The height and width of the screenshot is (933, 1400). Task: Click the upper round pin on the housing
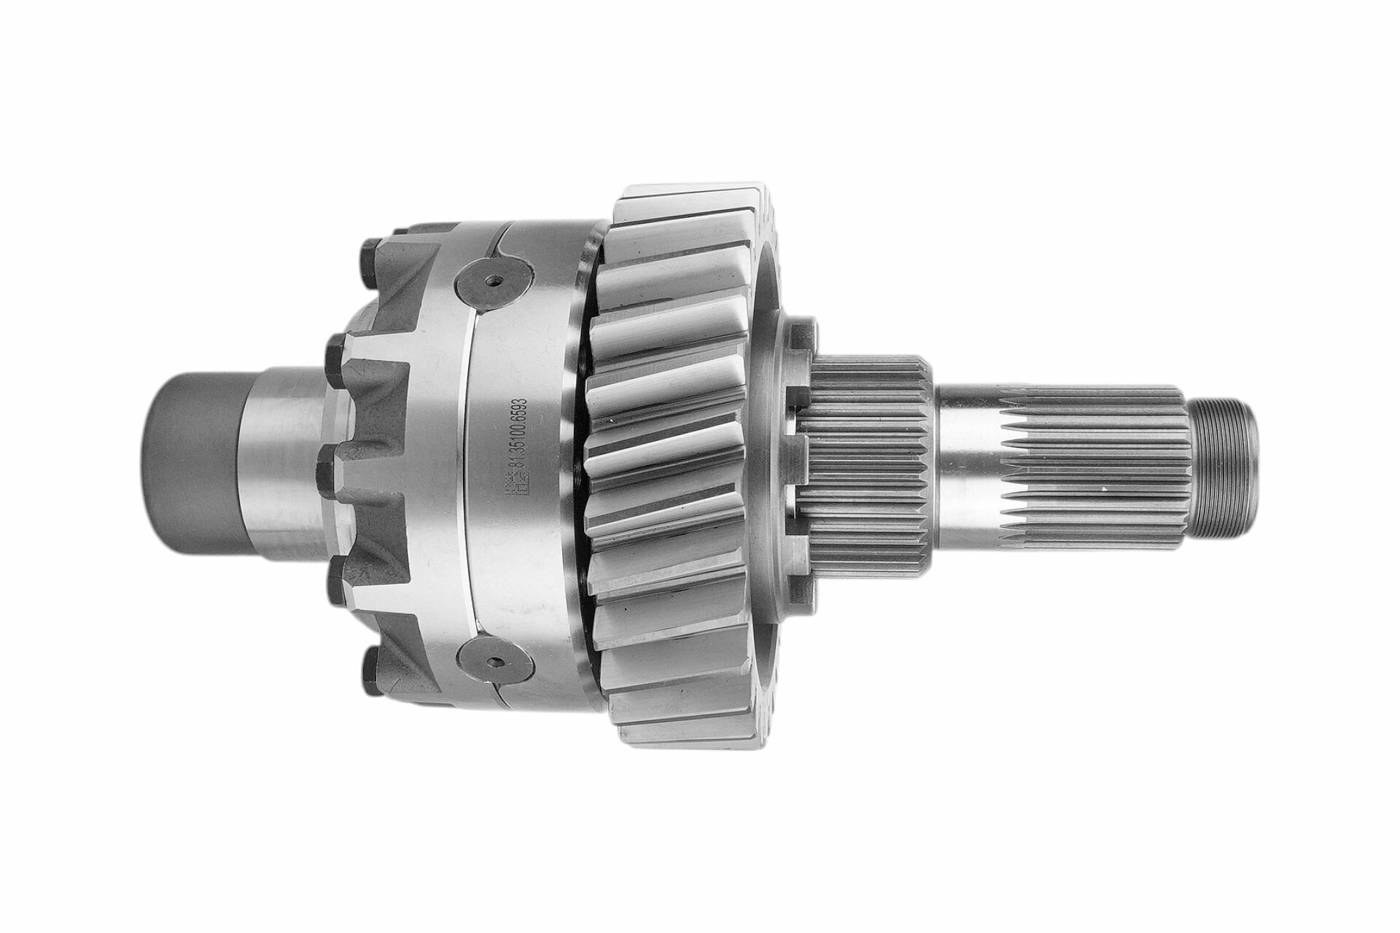494,279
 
